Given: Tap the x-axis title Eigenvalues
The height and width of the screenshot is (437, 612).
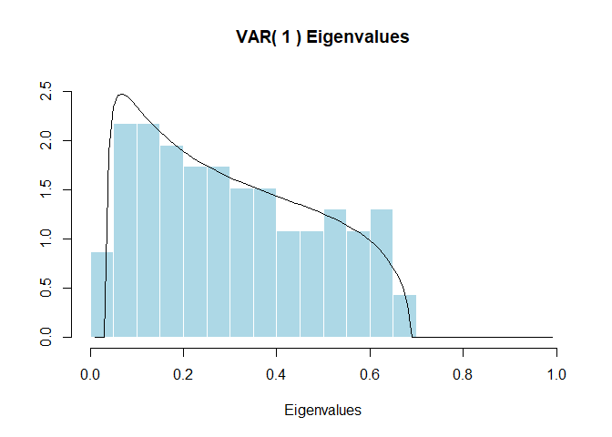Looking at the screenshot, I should click(x=323, y=410).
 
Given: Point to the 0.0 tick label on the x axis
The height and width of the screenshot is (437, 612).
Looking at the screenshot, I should click(x=91, y=373).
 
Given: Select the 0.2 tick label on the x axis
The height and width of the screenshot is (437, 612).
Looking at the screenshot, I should click(x=184, y=373).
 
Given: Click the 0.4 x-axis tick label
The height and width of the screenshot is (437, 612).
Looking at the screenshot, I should click(x=277, y=373).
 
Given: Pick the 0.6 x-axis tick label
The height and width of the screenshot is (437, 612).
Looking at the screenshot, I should click(x=370, y=373).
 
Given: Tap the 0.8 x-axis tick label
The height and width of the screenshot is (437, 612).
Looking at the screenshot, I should click(x=463, y=373).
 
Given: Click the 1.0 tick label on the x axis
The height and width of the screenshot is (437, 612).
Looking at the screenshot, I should click(x=556, y=373).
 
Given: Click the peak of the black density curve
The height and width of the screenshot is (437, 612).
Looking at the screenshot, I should click(x=121, y=94).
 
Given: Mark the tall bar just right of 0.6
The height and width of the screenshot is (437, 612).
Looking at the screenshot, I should click(x=382, y=273).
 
